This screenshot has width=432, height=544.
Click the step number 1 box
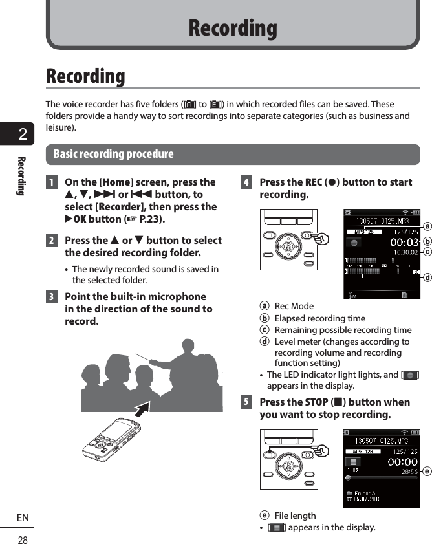[x=51, y=182]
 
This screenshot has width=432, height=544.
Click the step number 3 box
[x=51, y=297]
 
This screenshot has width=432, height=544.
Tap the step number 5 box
[x=246, y=402]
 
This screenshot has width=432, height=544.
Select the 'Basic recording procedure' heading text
[x=113, y=154]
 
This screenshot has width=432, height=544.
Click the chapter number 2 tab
[x=23, y=135]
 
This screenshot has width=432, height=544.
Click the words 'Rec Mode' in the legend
[x=294, y=306]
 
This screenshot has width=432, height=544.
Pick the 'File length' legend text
[x=295, y=516]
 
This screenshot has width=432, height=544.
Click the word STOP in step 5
[x=316, y=402]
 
